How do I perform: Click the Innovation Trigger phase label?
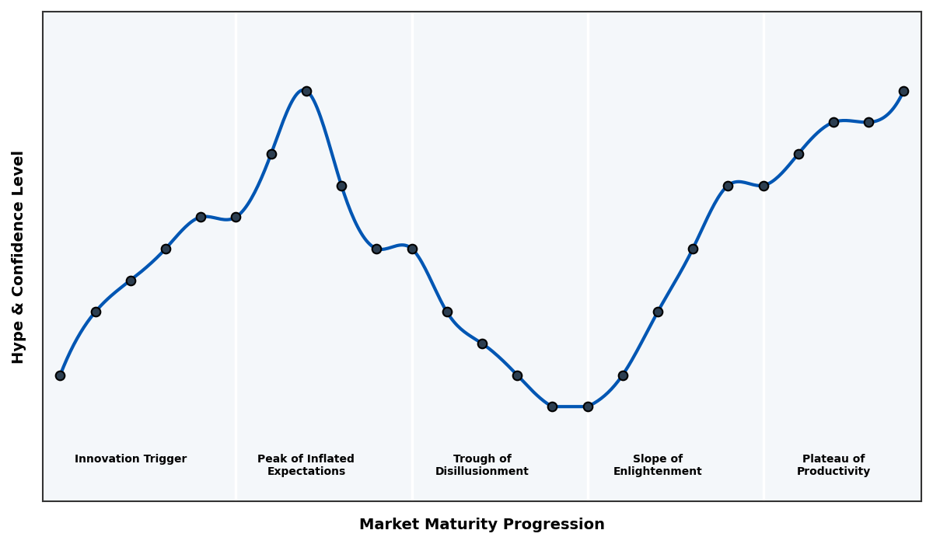[x=131, y=459]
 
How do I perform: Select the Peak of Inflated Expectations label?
[x=306, y=465]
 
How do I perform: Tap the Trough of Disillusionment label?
[x=482, y=465]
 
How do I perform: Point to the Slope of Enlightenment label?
[x=658, y=465]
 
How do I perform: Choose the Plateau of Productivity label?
[x=833, y=465]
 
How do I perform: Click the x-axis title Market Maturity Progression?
[x=481, y=525]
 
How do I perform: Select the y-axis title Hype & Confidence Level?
[x=19, y=256]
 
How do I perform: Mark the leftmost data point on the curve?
[x=60, y=375]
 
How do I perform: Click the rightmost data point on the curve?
[x=903, y=91]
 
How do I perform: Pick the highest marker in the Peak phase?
[x=306, y=91]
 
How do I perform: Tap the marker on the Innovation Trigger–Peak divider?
[x=236, y=217]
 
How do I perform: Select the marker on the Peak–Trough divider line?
[x=412, y=249]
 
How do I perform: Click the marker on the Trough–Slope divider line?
[x=588, y=406]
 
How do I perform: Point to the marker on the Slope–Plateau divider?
[x=764, y=186]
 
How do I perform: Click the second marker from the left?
[x=96, y=312]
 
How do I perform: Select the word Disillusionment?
[x=482, y=472]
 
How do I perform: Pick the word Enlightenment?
[x=658, y=472]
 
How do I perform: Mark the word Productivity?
[x=833, y=472]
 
